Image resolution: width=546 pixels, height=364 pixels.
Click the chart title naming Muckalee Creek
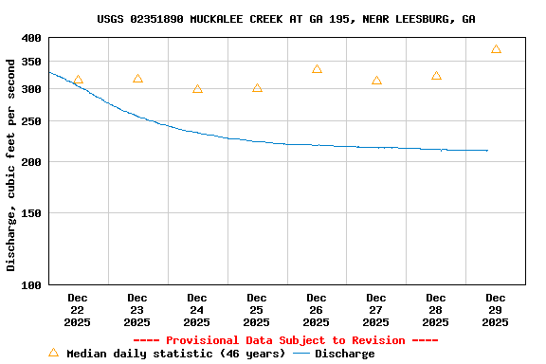coord(286,19)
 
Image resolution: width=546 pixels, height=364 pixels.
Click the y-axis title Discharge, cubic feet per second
coord(11,165)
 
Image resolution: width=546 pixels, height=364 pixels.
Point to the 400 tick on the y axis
coord(31,38)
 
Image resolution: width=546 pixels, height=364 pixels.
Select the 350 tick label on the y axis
coord(31,61)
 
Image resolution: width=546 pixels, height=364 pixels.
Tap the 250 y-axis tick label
coord(31,121)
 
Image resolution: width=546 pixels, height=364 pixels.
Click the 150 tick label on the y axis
coord(31,213)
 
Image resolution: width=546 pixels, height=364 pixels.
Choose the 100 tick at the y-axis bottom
coord(31,284)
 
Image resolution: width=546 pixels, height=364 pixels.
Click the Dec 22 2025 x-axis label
coord(78,310)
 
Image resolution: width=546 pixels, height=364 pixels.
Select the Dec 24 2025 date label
coord(197,310)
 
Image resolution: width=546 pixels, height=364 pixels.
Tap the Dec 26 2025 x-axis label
coord(317,310)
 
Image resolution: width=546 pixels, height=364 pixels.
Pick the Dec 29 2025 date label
coord(495,310)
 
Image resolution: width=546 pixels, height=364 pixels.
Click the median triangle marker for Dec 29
coord(496,49)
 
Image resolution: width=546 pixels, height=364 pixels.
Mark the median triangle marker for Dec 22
coord(78,81)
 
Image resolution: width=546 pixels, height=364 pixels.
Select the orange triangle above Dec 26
coord(317,69)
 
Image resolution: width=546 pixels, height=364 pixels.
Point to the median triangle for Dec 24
coord(197,89)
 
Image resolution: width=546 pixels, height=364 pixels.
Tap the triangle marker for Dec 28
coord(436,76)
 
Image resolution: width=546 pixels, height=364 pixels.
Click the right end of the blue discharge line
coord(487,150)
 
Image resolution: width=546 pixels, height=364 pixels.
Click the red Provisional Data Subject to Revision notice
coord(285,340)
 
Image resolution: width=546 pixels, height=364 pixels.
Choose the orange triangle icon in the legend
coord(53,353)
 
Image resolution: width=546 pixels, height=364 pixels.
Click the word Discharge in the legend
coord(344,354)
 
